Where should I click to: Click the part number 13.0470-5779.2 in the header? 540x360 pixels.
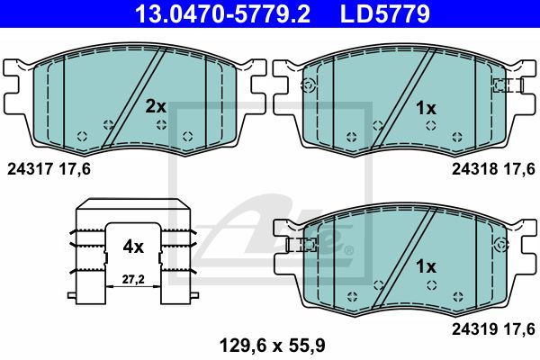pos(223,13)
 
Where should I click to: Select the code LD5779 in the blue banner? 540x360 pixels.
pos(385,13)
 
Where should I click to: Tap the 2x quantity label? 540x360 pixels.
pos(156,107)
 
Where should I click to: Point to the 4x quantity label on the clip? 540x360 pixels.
pos(133,247)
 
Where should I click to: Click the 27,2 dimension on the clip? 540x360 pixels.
pos(133,279)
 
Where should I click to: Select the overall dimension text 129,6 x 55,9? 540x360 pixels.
pos(272,346)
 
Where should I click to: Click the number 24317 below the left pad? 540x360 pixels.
pos(30,169)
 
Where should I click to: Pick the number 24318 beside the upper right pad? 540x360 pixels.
pos(474,169)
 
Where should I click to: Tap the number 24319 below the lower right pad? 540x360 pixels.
pos(474,329)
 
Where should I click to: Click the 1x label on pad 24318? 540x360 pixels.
pos(426,109)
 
